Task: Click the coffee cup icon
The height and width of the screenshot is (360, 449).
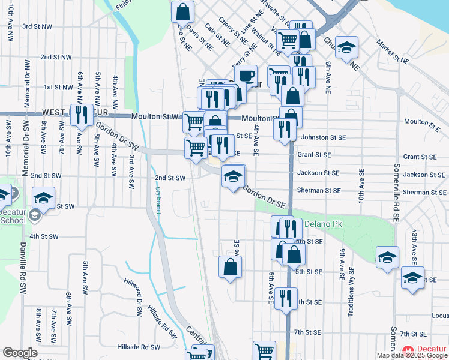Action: [x=246, y=76]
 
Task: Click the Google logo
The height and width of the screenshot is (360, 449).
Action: [x=20, y=353]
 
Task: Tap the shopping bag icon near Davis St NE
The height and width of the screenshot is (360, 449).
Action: [x=182, y=11]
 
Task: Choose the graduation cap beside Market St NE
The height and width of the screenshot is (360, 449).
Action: [x=346, y=47]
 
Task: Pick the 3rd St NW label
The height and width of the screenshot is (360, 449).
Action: [x=37, y=26]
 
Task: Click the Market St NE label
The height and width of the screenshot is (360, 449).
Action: [x=393, y=52]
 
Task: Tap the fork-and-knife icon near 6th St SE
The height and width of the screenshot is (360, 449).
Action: [x=285, y=297]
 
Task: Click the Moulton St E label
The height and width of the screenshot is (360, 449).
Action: [x=426, y=122]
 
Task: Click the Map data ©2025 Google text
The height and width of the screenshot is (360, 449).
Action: [x=412, y=356]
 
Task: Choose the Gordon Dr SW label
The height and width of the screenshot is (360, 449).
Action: [x=118, y=137]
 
